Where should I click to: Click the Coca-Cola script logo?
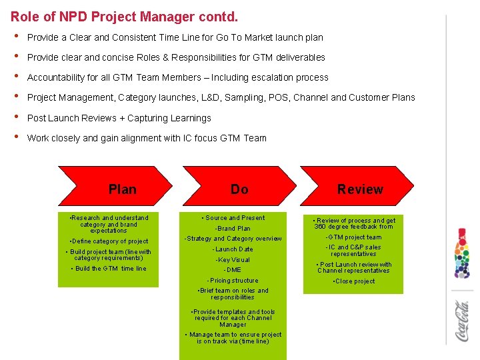(x=462, y=321)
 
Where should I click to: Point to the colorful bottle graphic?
(x=462, y=254)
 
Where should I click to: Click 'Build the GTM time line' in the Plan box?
(x=111, y=269)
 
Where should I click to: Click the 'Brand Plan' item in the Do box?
(x=233, y=228)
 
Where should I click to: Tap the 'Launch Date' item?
(x=233, y=249)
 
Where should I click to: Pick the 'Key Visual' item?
(x=233, y=260)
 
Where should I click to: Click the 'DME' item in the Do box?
(x=233, y=270)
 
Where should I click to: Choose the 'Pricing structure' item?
(x=233, y=281)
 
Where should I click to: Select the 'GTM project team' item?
(x=353, y=237)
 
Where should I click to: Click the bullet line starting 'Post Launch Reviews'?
(x=119, y=118)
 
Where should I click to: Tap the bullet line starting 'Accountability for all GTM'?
(x=177, y=77)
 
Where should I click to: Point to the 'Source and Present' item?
(x=235, y=218)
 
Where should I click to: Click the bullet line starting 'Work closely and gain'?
(x=147, y=138)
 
